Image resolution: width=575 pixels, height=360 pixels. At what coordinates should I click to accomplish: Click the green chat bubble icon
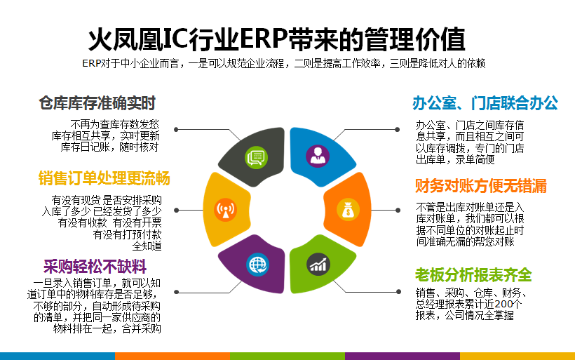(x=256, y=157)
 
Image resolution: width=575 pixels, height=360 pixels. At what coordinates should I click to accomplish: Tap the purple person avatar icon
(x=318, y=156)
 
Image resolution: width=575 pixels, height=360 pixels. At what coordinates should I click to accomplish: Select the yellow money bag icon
(x=348, y=210)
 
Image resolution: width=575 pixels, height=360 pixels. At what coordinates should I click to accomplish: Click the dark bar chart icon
(x=318, y=265)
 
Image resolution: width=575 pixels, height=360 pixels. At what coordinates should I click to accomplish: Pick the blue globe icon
(x=258, y=265)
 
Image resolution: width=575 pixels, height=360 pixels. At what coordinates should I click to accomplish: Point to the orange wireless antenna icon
(x=225, y=210)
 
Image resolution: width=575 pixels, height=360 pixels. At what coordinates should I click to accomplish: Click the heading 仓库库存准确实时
(x=97, y=103)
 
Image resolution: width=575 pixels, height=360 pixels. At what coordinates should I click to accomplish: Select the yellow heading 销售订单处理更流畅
(x=104, y=178)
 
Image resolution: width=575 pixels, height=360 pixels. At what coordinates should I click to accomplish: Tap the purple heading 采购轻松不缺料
(x=95, y=267)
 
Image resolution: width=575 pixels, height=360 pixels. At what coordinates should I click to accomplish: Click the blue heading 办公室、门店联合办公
(x=485, y=103)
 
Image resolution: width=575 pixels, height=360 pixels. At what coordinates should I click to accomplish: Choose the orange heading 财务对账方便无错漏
(x=481, y=186)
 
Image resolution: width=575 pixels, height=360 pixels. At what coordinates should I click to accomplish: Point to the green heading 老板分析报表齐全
(x=473, y=274)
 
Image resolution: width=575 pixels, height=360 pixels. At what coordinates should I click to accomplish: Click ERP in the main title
(x=263, y=39)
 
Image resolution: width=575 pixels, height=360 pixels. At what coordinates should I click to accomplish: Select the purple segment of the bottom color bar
(x=402, y=356)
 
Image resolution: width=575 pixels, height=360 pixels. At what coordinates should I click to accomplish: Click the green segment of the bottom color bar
(x=287, y=356)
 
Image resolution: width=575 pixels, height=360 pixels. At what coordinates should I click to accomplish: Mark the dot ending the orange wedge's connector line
(x=398, y=211)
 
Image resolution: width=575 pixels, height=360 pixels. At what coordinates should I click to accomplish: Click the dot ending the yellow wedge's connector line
(x=177, y=211)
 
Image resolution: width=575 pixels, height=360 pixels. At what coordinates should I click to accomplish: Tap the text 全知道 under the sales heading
(x=147, y=246)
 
